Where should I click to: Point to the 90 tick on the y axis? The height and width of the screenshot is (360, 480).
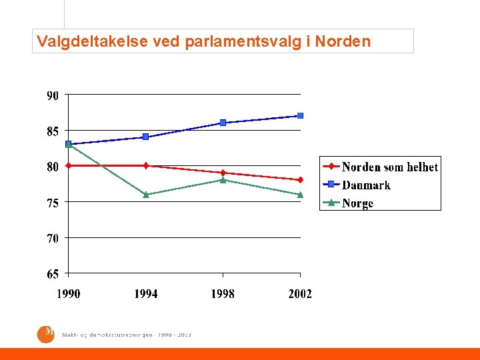pyautogui.click(x=53, y=95)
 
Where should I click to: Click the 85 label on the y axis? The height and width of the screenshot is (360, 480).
pyautogui.click(x=53, y=131)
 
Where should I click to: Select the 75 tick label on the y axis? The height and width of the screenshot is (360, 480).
pyautogui.click(x=53, y=203)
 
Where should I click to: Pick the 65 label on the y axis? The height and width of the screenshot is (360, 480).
pyautogui.click(x=53, y=274)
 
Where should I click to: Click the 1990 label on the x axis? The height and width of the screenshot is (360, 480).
pyautogui.click(x=69, y=294)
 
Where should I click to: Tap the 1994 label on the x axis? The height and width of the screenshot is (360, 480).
pyautogui.click(x=146, y=294)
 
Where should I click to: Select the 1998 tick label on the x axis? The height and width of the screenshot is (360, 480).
pyautogui.click(x=223, y=294)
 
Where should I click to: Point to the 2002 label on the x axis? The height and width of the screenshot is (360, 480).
pyautogui.click(x=300, y=294)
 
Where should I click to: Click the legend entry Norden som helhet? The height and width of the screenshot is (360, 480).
pyautogui.click(x=389, y=167)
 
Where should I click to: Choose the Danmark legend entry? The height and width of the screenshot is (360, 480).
pyautogui.click(x=365, y=185)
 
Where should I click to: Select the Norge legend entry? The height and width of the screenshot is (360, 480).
pyautogui.click(x=357, y=203)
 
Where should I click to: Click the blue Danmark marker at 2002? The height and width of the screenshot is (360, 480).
pyautogui.click(x=300, y=116)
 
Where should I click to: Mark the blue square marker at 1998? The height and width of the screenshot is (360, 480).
pyautogui.click(x=223, y=123)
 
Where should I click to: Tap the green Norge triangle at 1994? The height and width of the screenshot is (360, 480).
pyautogui.click(x=146, y=195)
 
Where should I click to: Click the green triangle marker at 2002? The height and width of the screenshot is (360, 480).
pyautogui.click(x=300, y=195)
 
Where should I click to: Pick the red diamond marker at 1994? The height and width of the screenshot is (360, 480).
pyautogui.click(x=146, y=165)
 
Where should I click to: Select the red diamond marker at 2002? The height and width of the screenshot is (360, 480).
pyautogui.click(x=300, y=180)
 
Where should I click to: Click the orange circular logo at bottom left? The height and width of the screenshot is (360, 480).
pyautogui.click(x=45, y=333)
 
